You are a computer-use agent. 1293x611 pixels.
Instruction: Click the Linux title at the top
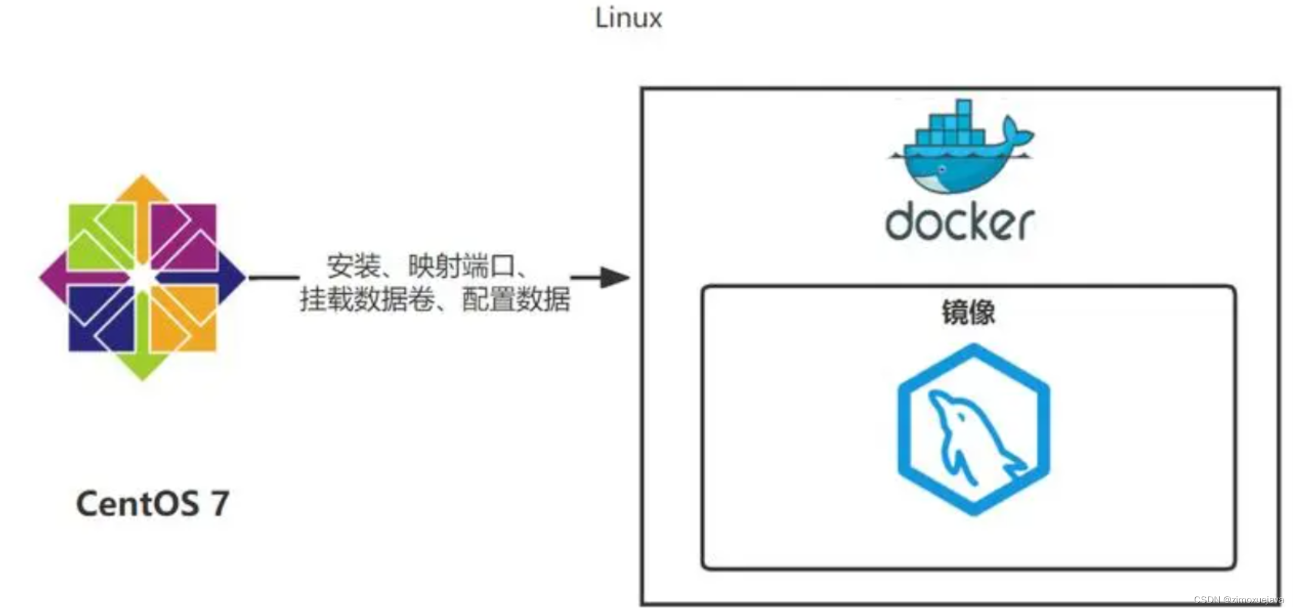pyautogui.click(x=628, y=18)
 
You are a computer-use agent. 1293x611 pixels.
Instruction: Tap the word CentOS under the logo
pyautogui.click(x=137, y=504)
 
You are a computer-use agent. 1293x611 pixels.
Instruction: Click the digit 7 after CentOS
pyautogui.click(x=220, y=504)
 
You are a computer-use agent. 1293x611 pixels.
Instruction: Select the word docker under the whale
pyautogui.click(x=959, y=222)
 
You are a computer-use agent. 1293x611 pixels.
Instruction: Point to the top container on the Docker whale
pyautogui.click(x=963, y=108)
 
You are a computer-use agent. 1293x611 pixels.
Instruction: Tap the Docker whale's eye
pyautogui.click(x=942, y=170)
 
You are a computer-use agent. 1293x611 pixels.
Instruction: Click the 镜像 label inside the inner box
pyautogui.click(x=968, y=312)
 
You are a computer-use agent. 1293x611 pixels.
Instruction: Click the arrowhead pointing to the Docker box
pyautogui.click(x=615, y=277)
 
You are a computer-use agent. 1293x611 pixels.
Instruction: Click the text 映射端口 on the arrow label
pyautogui.click(x=461, y=266)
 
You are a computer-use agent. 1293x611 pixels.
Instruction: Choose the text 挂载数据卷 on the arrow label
pyautogui.click(x=367, y=299)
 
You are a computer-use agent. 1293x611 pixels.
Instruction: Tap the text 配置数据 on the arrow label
pyautogui.click(x=516, y=299)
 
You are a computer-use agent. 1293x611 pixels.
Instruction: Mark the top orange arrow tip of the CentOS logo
pyautogui.click(x=142, y=185)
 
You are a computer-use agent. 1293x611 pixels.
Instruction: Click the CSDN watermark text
pyautogui.click(x=1238, y=600)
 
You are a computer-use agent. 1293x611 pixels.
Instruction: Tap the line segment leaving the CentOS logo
pyautogui.click(x=274, y=277)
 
